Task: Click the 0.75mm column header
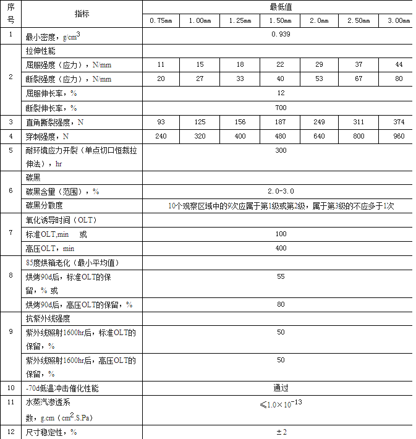(x=161, y=21)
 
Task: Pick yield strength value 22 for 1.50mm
(x=281, y=64)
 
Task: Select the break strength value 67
(x=359, y=79)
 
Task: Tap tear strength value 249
(x=320, y=122)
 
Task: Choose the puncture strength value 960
(x=399, y=136)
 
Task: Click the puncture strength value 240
(x=161, y=136)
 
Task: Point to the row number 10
(x=11, y=388)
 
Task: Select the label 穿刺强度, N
(x=47, y=137)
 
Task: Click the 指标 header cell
(x=82, y=14)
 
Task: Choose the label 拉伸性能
(x=40, y=50)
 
